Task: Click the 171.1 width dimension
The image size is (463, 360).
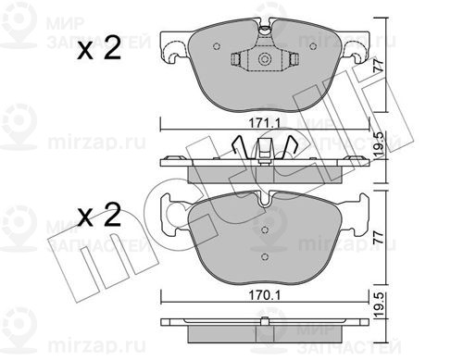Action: (265, 124)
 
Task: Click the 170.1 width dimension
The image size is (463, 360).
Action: (265, 295)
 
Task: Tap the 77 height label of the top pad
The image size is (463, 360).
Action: (379, 66)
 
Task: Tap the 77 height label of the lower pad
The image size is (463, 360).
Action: (379, 237)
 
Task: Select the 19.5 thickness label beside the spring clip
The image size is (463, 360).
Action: (380, 144)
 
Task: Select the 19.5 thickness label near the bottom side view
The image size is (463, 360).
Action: (380, 305)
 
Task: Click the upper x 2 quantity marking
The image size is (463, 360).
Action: (99, 49)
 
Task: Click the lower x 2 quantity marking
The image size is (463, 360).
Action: (99, 216)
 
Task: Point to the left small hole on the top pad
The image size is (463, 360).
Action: (217, 46)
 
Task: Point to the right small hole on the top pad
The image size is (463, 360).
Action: (313, 46)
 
